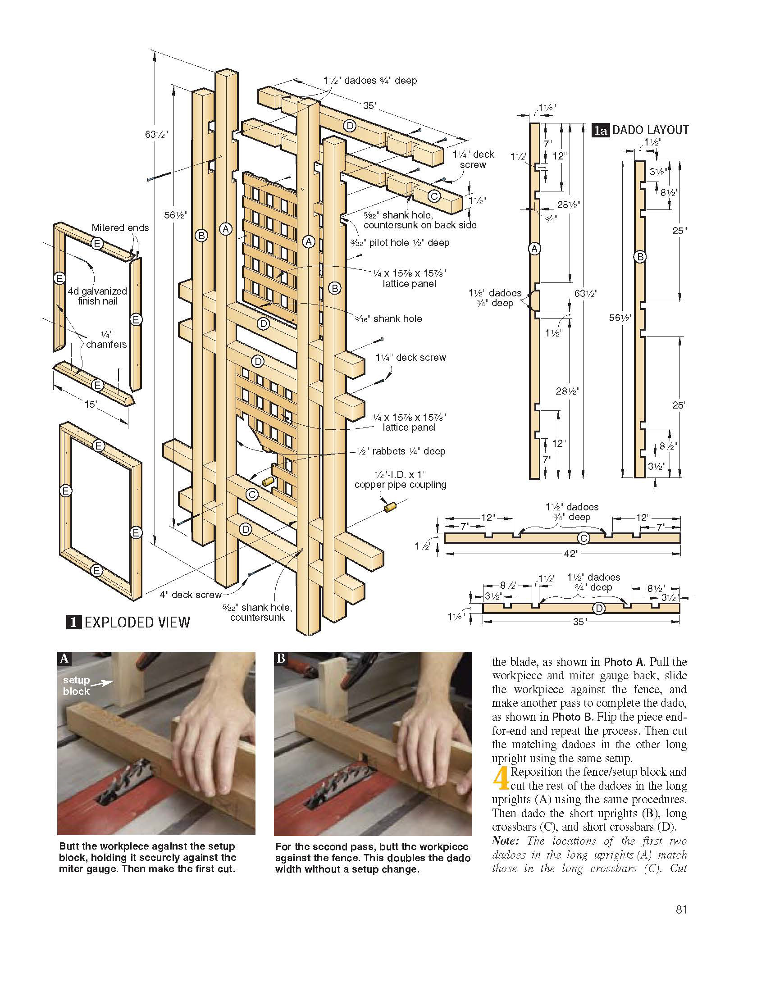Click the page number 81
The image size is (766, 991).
click(x=681, y=923)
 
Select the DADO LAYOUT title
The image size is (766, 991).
click(x=650, y=130)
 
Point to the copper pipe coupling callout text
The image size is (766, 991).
click(x=400, y=480)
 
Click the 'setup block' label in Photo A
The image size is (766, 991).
click(x=76, y=686)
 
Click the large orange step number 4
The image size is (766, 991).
click(x=501, y=779)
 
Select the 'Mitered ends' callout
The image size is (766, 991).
click(x=120, y=228)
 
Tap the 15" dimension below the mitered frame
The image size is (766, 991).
click(x=91, y=404)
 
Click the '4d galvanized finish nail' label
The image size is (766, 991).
click(x=97, y=296)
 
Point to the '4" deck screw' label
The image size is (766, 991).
click(x=190, y=595)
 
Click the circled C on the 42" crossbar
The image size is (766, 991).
click(x=584, y=538)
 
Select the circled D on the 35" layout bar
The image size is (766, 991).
click(x=599, y=608)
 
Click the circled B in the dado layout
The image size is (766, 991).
click(x=640, y=257)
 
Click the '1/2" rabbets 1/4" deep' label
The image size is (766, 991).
click(x=401, y=451)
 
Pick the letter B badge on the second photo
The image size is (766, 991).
click(x=281, y=659)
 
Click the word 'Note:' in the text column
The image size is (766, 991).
click(x=505, y=841)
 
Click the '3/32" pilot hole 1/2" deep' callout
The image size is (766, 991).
click(x=400, y=243)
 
